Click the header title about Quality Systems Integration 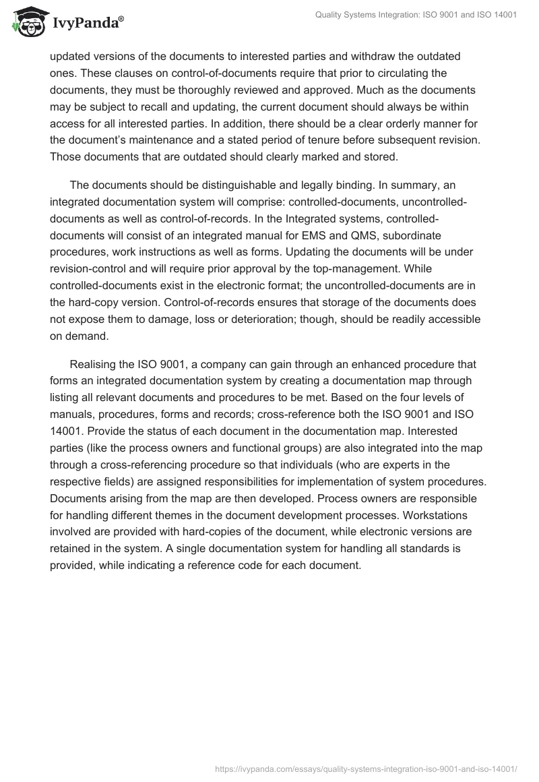click(x=416, y=16)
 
